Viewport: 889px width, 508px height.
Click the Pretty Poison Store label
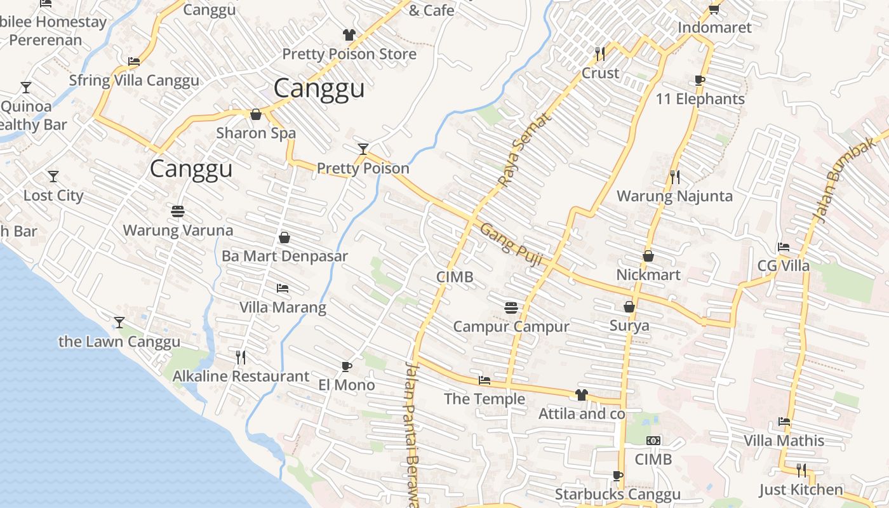point(349,54)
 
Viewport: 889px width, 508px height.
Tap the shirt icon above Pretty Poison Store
point(349,34)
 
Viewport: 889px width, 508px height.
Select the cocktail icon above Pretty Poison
point(363,149)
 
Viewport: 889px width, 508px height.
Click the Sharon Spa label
point(256,133)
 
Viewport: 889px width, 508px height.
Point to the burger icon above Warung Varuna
point(178,211)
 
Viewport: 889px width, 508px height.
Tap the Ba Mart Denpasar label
point(284,257)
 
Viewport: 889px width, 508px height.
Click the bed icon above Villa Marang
point(283,288)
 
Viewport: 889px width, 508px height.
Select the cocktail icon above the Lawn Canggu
point(119,323)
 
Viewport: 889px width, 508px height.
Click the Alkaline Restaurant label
point(241,377)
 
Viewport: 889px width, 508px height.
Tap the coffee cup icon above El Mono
point(346,366)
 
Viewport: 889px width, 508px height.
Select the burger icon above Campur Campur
point(511,308)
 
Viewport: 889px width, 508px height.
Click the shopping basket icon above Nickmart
point(648,256)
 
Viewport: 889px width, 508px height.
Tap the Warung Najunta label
point(674,196)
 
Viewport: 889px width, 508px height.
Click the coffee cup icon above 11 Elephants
point(699,80)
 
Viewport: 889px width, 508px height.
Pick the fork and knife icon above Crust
point(600,53)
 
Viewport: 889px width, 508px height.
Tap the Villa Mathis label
point(784,441)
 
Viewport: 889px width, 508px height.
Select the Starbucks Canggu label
point(617,494)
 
